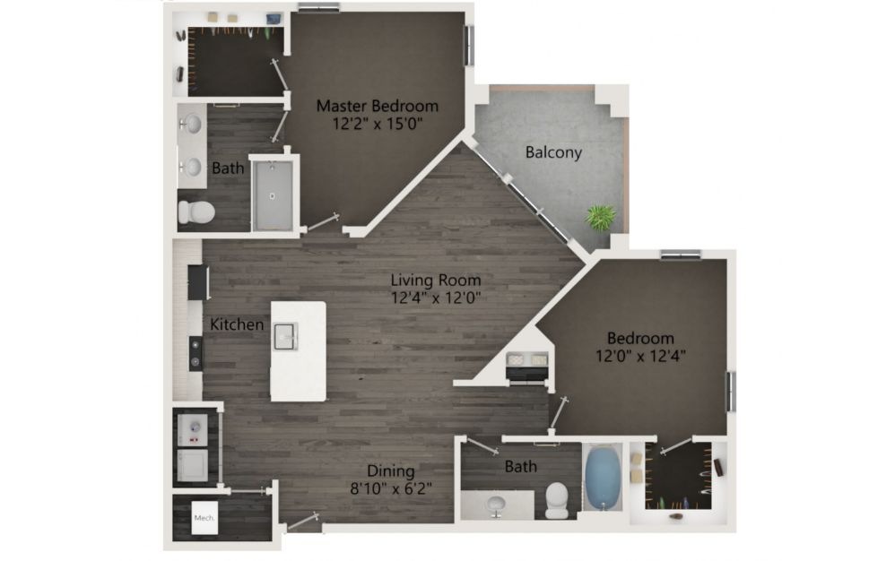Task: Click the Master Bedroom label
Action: click(378, 106)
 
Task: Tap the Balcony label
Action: click(553, 152)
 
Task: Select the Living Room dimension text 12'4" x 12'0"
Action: click(436, 298)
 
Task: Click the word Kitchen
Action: click(237, 324)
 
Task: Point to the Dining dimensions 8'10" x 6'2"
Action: click(391, 488)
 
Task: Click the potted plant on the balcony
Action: click(601, 217)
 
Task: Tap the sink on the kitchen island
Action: click(285, 336)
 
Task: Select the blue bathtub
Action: click(603, 479)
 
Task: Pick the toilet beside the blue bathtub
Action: click(557, 501)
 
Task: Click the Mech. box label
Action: click(204, 518)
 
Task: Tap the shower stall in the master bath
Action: click(274, 194)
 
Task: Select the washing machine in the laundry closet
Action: click(192, 430)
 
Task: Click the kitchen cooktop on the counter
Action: click(196, 353)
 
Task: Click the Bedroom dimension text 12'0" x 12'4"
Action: click(640, 357)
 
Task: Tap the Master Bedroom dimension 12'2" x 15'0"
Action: click(378, 123)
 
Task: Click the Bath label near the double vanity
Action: click(228, 168)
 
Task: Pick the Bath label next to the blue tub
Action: click(520, 467)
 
